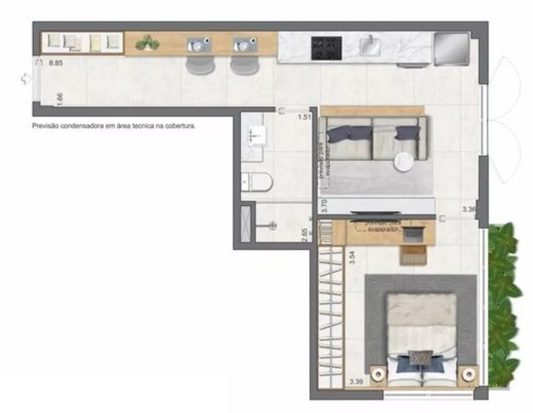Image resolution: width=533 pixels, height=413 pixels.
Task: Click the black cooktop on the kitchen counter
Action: (x=326, y=48)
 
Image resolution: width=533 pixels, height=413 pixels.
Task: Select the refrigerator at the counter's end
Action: (x=451, y=48)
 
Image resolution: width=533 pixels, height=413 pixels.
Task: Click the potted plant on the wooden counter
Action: (x=148, y=43)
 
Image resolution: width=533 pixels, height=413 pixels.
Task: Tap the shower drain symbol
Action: (x=272, y=225)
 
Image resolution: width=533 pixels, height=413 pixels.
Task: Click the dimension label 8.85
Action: (x=56, y=63)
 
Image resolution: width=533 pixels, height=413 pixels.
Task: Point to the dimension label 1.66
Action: (x=60, y=100)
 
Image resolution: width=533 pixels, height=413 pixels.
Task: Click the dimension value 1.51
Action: (x=304, y=117)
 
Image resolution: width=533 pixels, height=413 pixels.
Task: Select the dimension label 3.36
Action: (x=469, y=209)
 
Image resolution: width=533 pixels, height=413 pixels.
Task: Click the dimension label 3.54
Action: (x=352, y=257)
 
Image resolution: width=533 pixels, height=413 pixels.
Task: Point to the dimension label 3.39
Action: (x=356, y=382)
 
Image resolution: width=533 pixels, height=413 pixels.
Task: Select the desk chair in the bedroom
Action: (x=413, y=255)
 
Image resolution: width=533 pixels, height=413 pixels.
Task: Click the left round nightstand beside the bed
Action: (x=379, y=374)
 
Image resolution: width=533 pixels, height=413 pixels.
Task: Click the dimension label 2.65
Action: (x=305, y=234)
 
